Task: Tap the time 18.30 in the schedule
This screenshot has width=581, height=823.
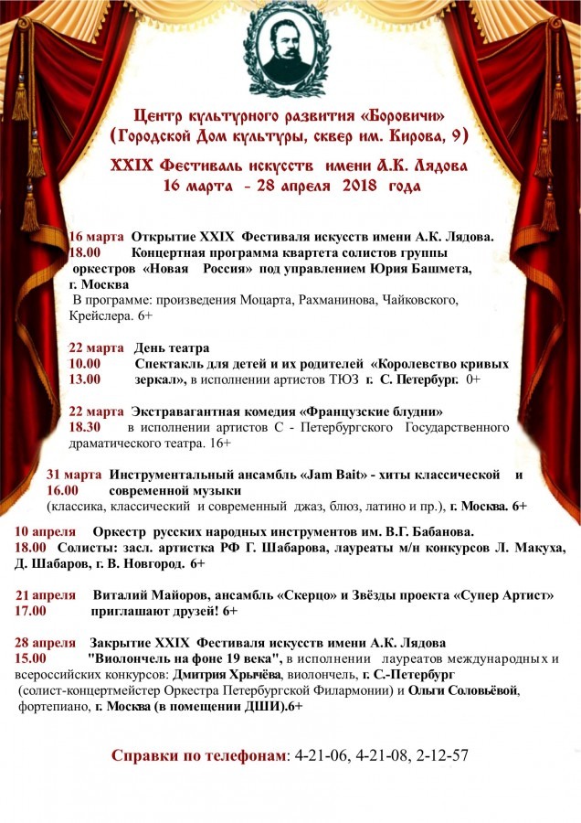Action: pos(88,427)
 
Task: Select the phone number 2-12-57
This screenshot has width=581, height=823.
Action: pos(441,755)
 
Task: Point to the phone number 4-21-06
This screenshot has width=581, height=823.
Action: pos(323,755)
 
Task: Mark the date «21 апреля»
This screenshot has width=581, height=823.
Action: pos(46,594)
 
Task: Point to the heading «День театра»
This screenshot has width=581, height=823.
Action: pos(172,347)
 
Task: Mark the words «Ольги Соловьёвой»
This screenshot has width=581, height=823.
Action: pos(463,690)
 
